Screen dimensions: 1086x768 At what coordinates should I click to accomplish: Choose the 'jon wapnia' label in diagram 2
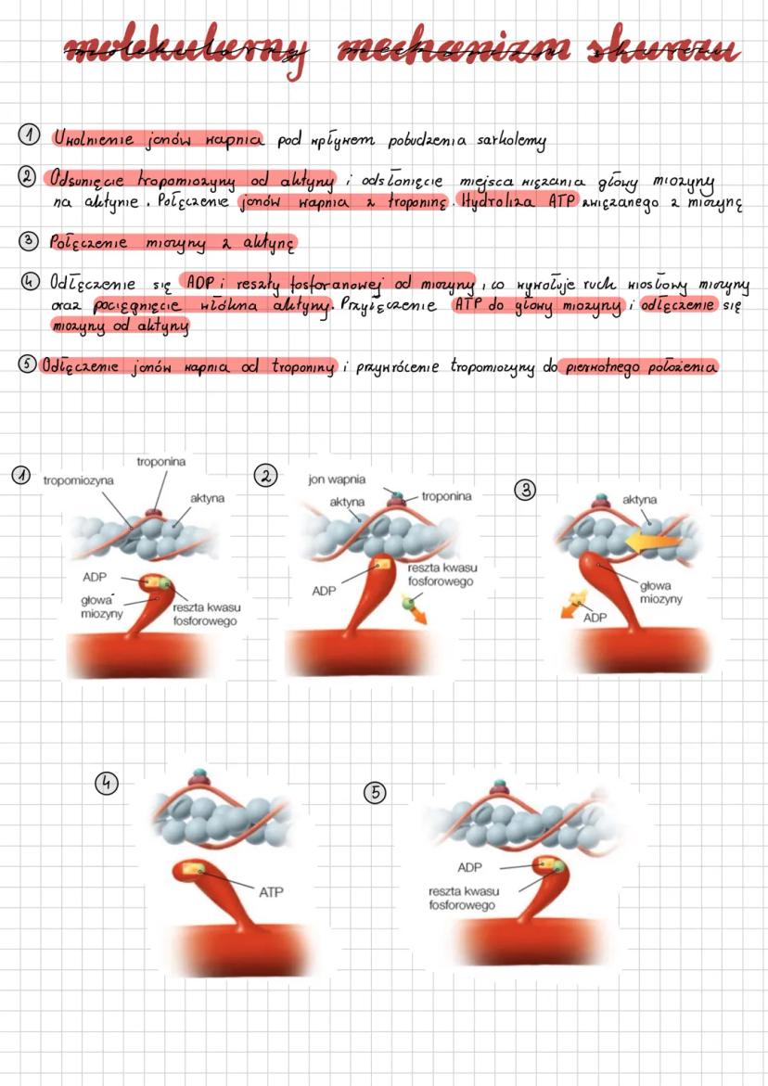[x=336, y=480]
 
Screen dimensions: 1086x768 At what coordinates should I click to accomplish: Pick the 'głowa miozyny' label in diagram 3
[x=660, y=593]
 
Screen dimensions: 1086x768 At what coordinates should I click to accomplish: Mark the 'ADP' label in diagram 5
[x=471, y=868]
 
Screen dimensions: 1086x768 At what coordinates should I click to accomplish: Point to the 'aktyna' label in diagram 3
[x=640, y=499]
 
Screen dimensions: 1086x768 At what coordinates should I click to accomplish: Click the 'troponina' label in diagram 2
[x=446, y=497]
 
